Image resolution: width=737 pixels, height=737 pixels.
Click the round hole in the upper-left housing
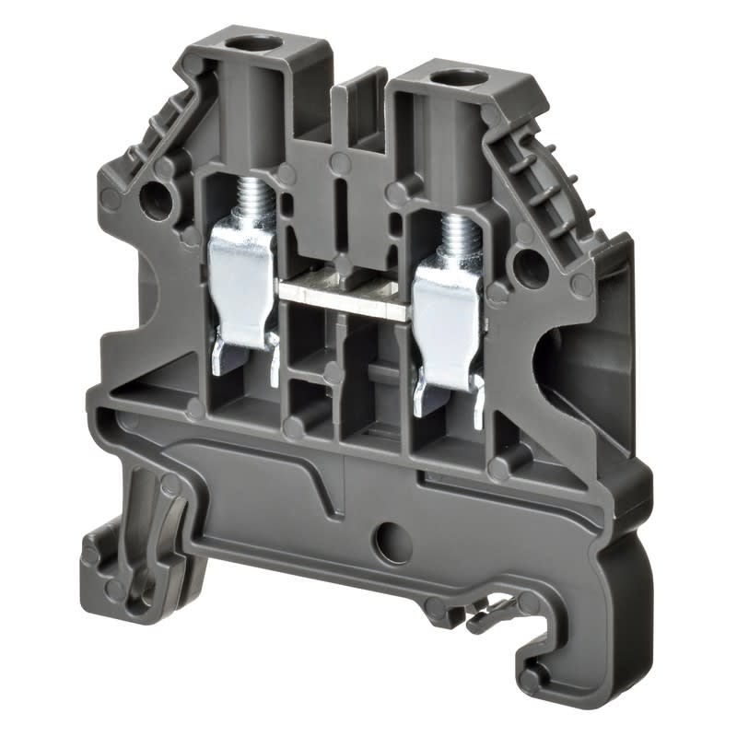pyautogui.click(x=156, y=196)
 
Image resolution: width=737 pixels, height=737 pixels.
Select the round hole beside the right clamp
pyautogui.click(x=532, y=268)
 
